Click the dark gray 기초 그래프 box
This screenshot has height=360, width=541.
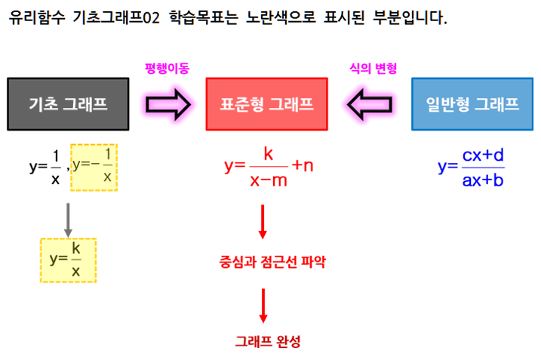pyautogui.click(x=67, y=104)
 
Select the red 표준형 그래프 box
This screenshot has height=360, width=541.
pyautogui.click(x=266, y=104)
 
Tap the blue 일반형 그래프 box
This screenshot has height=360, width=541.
pyautogui.click(x=472, y=104)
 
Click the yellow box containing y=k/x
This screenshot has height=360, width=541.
pyautogui.click(x=68, y=260)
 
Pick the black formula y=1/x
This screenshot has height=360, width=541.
pyautogui.click(x=46, y=168)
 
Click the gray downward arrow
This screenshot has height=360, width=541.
pyautogui.click(x=67, y=219)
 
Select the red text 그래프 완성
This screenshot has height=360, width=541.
pyautogui.click(x=267, y=341)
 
